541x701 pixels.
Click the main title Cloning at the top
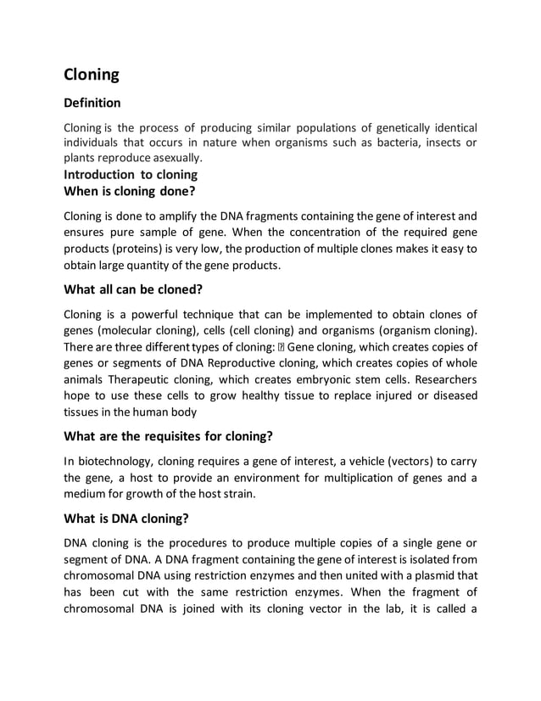(92, 74)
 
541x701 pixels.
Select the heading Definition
(92, 104)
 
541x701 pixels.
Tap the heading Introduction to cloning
(131, 175)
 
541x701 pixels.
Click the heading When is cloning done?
(130, 192)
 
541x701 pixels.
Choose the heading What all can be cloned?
(133, 289)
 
